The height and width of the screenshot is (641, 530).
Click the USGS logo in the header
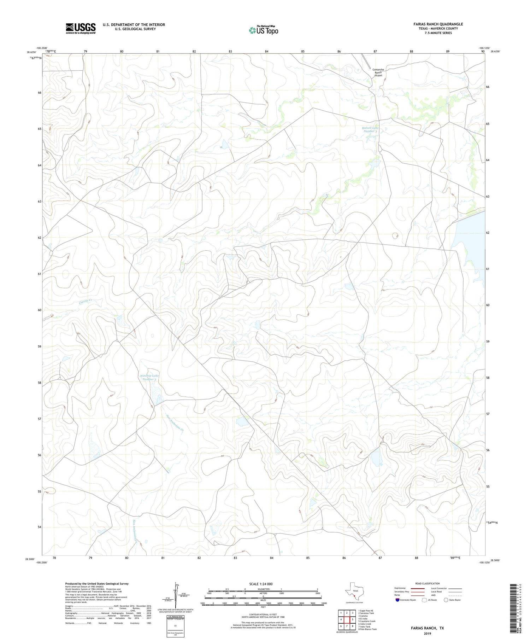point(81,28)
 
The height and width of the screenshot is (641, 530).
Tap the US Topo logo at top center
point(263,30)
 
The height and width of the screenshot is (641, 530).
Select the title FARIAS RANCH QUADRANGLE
point(433,24)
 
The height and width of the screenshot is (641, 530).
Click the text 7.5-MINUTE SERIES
point(433,33)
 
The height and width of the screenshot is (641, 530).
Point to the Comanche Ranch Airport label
point(378,72)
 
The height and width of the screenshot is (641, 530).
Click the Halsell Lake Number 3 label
point(370,129)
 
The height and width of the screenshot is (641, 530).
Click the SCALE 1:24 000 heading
point(263,584)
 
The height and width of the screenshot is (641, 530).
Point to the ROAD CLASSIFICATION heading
point(428,583)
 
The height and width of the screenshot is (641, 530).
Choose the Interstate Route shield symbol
point(397,600)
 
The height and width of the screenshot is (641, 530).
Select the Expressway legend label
point(401,588)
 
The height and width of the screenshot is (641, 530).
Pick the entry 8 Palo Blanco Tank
point(367,629)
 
